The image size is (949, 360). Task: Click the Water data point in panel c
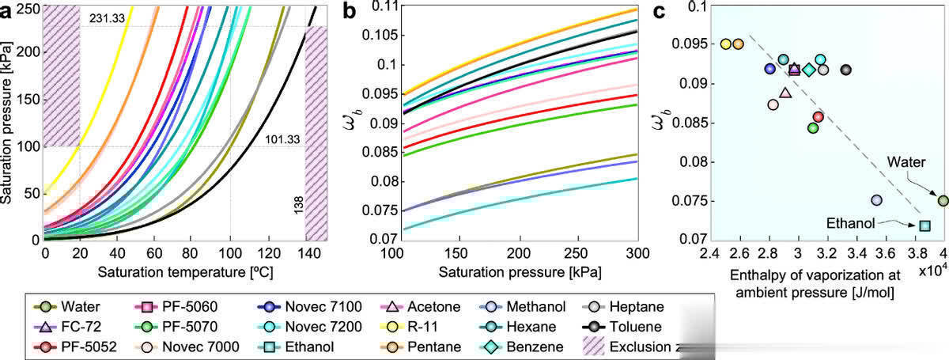943,201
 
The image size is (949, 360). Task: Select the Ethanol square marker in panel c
924,225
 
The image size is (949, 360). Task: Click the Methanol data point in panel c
876,200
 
